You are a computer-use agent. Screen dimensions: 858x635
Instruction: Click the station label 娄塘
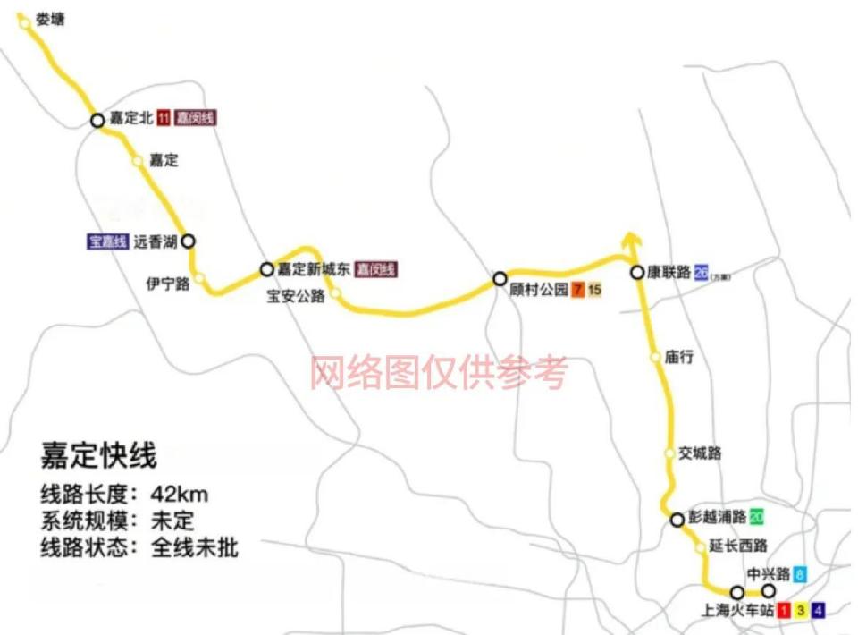(50, 18)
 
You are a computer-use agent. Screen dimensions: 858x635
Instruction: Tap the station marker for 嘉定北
(97, 120)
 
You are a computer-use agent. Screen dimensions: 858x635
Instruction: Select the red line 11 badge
(164, 117)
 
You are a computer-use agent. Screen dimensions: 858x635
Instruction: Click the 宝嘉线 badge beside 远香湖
(107, 241)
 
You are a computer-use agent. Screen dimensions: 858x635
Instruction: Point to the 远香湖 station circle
(188, 241)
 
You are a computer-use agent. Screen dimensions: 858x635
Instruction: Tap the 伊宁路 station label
(168, 284)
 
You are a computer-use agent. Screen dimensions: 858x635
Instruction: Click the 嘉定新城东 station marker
(266, 269)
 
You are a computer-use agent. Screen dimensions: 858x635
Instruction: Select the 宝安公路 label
(296, 296)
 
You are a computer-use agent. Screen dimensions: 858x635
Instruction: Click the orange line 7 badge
(579, 289)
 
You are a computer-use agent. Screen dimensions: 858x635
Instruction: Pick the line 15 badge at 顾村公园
(595, 289)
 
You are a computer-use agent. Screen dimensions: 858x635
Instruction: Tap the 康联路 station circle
(636, 273)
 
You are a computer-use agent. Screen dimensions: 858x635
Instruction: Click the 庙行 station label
(679, 357)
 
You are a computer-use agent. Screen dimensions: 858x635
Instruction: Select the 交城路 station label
(700, 453)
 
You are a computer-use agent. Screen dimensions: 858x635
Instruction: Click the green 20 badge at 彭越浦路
(757, 517)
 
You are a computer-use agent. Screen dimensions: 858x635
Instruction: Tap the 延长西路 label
(737, 546)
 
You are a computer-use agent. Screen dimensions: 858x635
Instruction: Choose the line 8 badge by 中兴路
(799, 575)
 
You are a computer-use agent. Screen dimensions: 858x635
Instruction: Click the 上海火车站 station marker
(737, 592)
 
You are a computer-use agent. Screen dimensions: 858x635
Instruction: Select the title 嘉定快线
(98, 455)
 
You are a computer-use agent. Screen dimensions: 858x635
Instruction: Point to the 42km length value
(181, 495)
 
